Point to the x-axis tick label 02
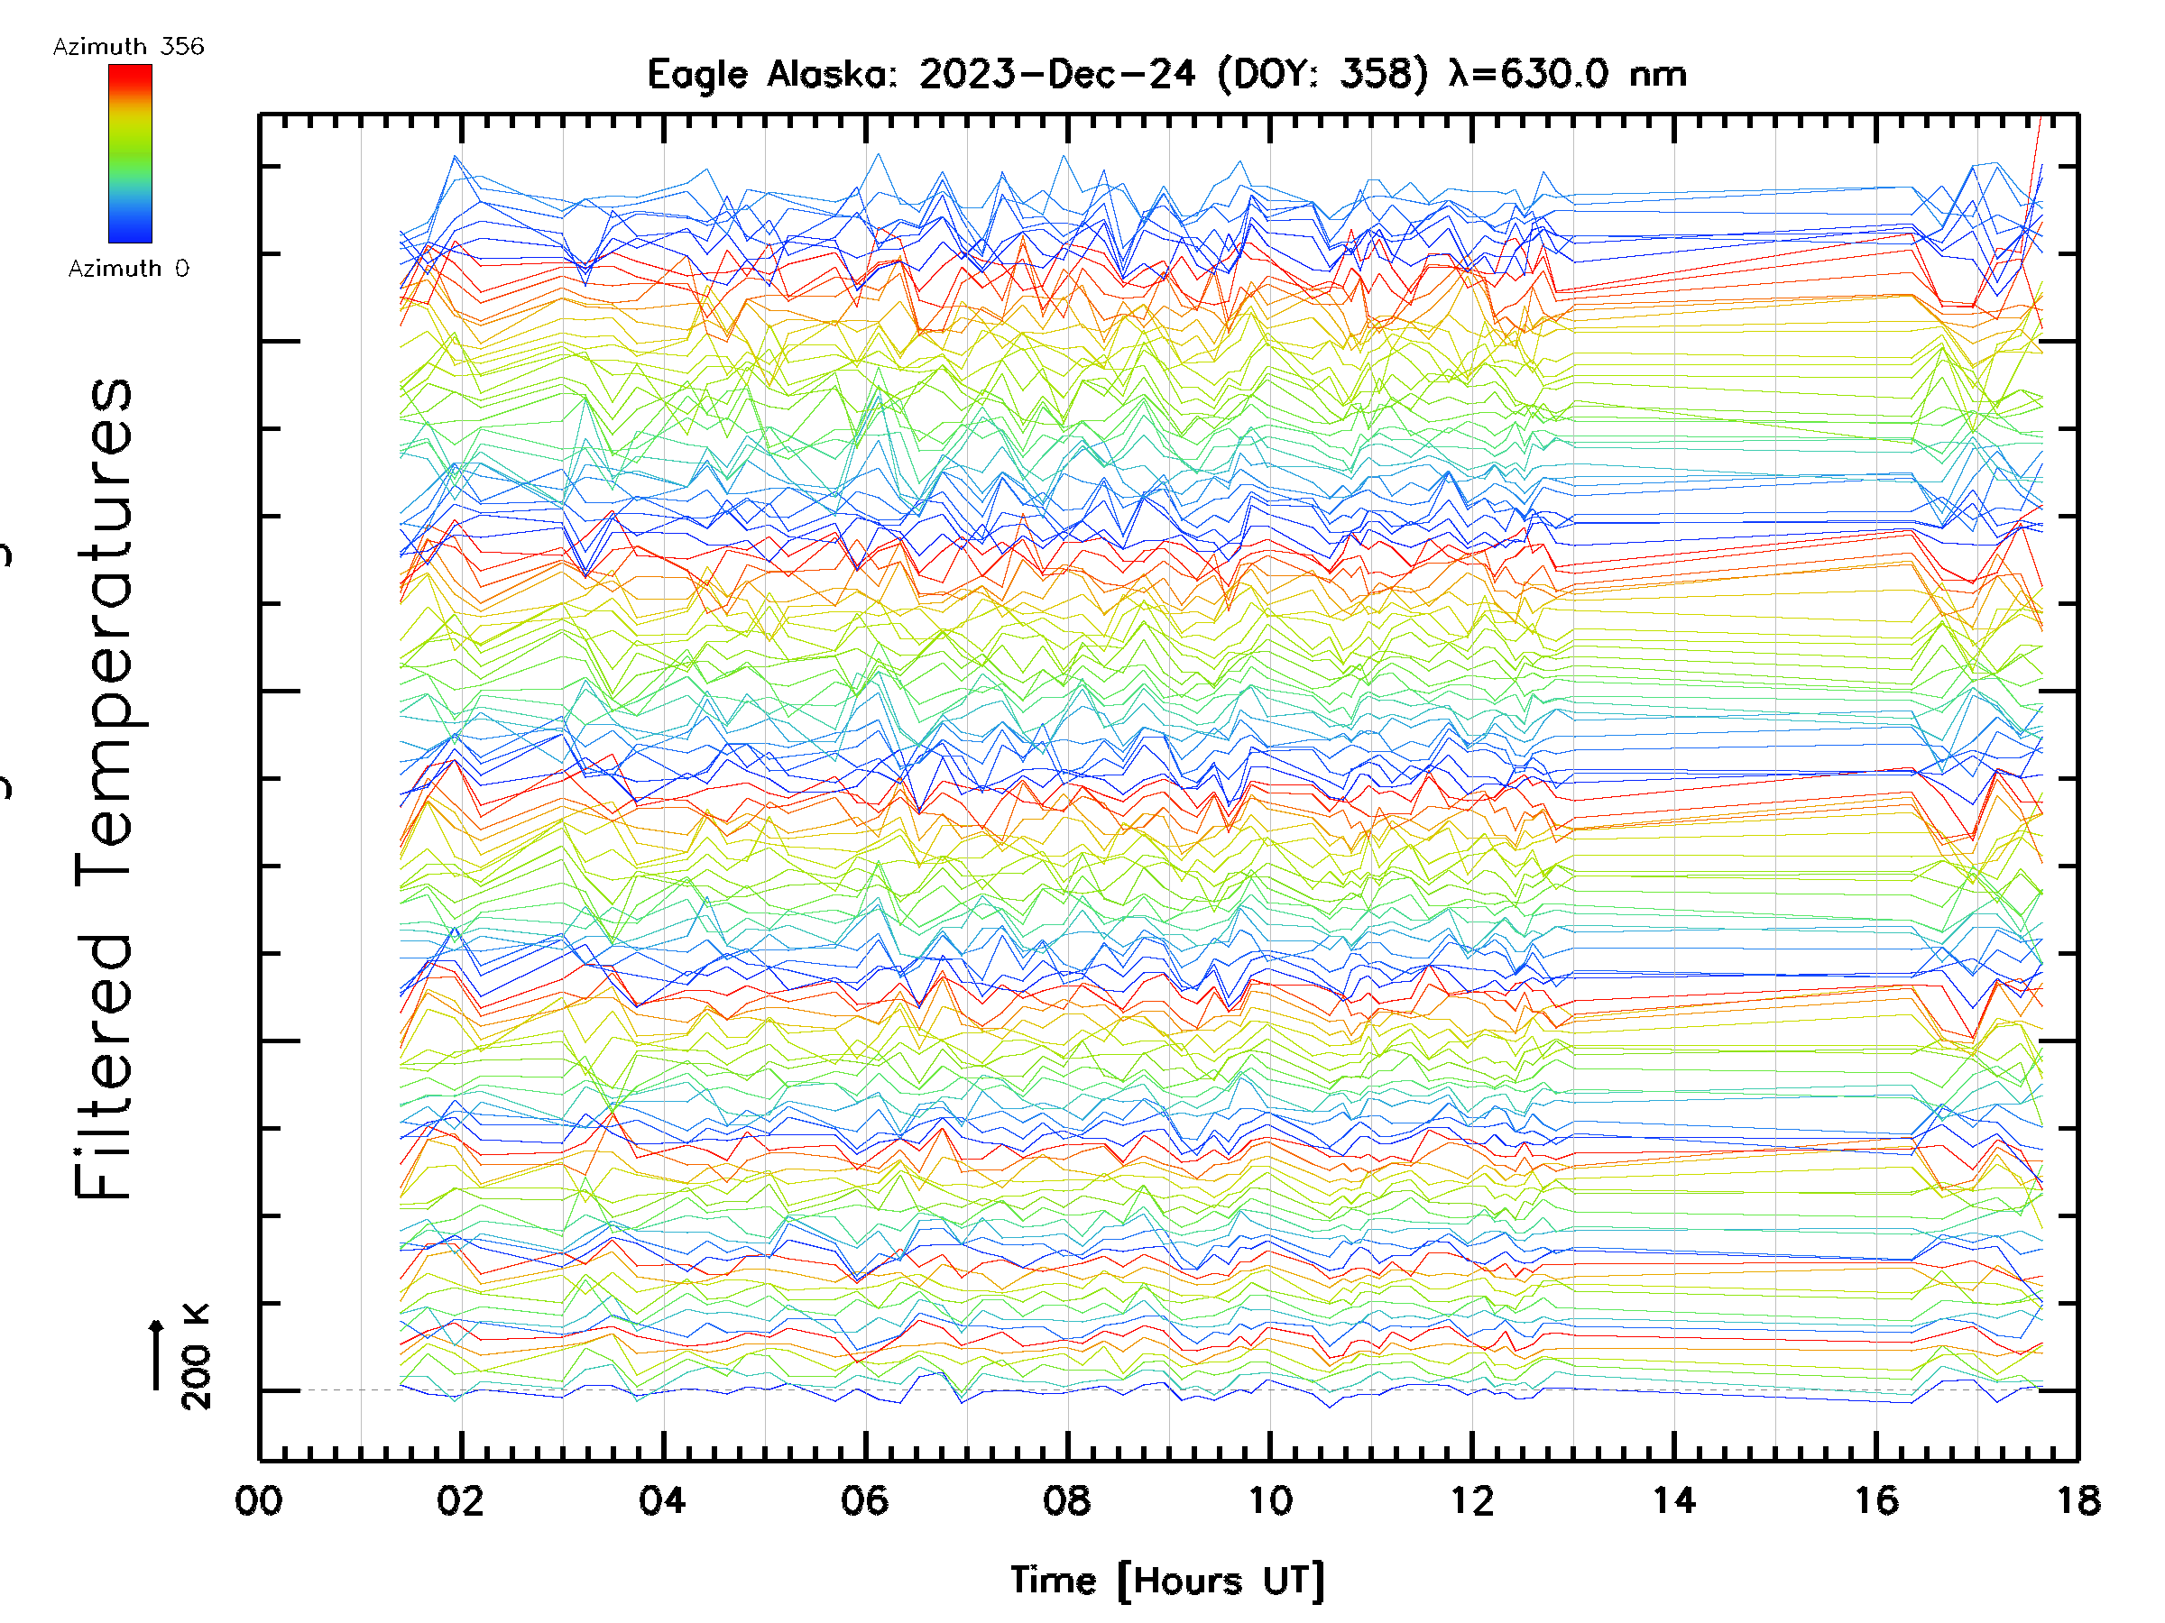(460, 1500)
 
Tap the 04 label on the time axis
(663, 1500)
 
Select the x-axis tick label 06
(865, 1500)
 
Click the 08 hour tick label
(1067, 1500)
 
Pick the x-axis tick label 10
(1269, 1500)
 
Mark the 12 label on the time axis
(1472, 1500)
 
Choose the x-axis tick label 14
(1673, 1500)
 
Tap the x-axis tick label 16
(1876, 1500)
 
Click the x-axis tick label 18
(2077, 1500)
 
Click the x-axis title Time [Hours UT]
(1166, 1581)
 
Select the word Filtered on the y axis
(104, 1067)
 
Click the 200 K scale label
(196, 1356)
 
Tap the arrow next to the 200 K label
(157, 1354)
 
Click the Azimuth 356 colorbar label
(128, 47)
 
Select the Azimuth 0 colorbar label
(128, 269)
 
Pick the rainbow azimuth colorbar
(130, 153)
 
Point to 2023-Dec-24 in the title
(1057, 74)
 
